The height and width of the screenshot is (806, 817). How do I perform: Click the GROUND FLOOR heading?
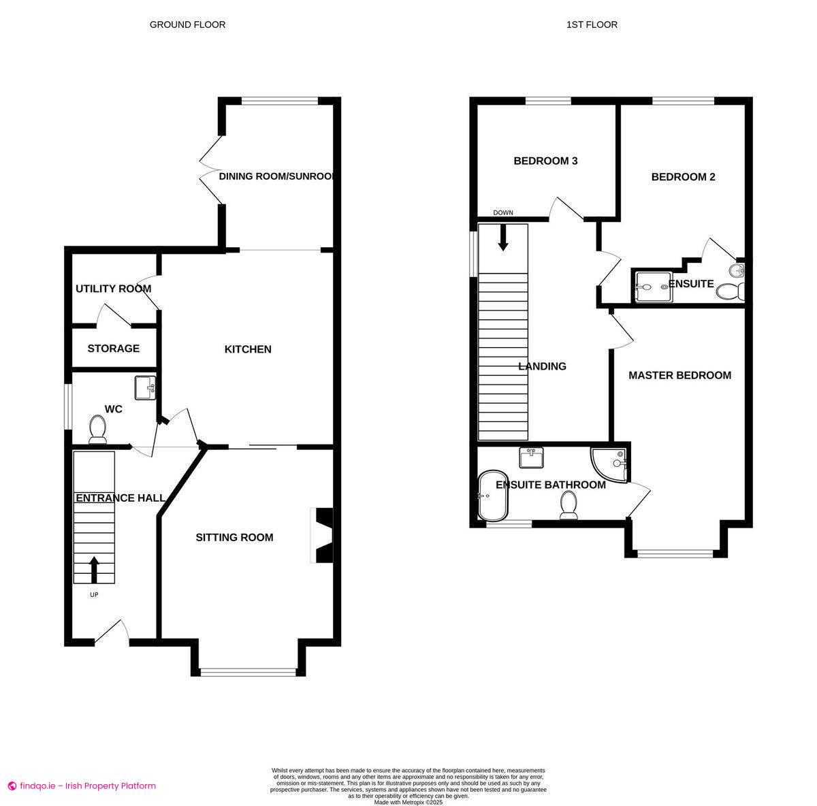click(x=187, y=25)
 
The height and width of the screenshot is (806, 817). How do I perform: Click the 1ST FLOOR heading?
click(x=592, y=25)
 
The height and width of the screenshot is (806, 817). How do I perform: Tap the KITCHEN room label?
click(x=248, y=349)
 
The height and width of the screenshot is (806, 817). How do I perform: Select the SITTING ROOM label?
click(x=234, y=537)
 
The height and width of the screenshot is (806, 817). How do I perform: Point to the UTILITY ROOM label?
click(x=113, y=289)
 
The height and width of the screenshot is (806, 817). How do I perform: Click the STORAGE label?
click(x=113, y=349)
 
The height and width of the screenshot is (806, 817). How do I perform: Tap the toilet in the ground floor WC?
click(x=97, y=430)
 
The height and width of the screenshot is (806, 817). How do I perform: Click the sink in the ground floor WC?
click(x=145, y=389)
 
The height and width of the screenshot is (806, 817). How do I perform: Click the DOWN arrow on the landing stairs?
click(x=503, y=236)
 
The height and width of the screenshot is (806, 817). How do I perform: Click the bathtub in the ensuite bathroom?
click(x=493, y=495)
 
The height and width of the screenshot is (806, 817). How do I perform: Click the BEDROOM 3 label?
click(x=545, y=161)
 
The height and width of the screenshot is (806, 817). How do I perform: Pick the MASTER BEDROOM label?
click(x=679, y=375)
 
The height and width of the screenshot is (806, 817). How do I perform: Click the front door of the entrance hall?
click(x=111, y=632)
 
